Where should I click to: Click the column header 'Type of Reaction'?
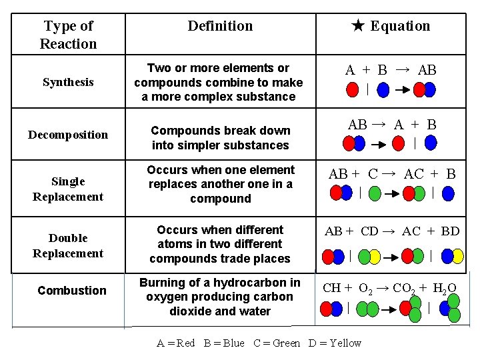[68, 35]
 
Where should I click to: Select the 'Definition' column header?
[220, 26]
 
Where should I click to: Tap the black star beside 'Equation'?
[357, 26]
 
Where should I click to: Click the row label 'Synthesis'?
[68, 82]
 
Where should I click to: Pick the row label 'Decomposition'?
[68, 135]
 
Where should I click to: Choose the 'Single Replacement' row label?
[68, 189]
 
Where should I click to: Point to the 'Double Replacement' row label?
[68, 245]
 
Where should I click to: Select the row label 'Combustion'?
[72, 291]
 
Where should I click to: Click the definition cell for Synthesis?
[219, 82]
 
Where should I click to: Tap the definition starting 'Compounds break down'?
[220, 137]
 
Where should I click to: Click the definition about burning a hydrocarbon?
[220, 297]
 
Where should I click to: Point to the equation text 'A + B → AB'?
[391, 70]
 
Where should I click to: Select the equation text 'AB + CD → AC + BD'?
[392, 231]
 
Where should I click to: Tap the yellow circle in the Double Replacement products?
[457, 256]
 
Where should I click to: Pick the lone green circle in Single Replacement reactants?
[375, 194]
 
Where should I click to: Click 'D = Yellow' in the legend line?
[335, 343]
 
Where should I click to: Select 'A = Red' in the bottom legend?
[176, 343]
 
